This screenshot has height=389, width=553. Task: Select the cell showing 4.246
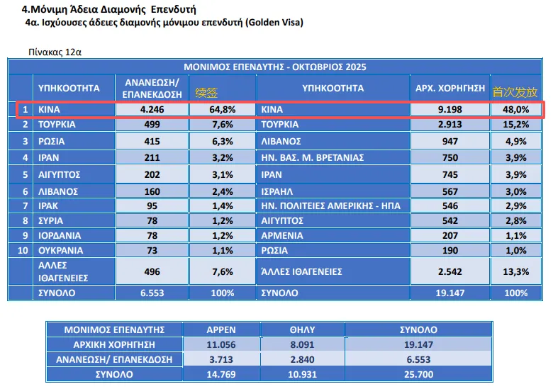(x=152, y=110)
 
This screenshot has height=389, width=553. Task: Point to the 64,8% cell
(x=222, y=110)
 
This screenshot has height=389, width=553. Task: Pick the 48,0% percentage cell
(x=515, y=110)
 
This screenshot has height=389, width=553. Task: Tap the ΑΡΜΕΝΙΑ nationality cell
(x=284, y=235)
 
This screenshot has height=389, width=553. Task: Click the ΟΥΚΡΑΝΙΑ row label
(x=61, y=250)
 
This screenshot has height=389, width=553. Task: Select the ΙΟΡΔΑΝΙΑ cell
(x=61, y=235)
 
